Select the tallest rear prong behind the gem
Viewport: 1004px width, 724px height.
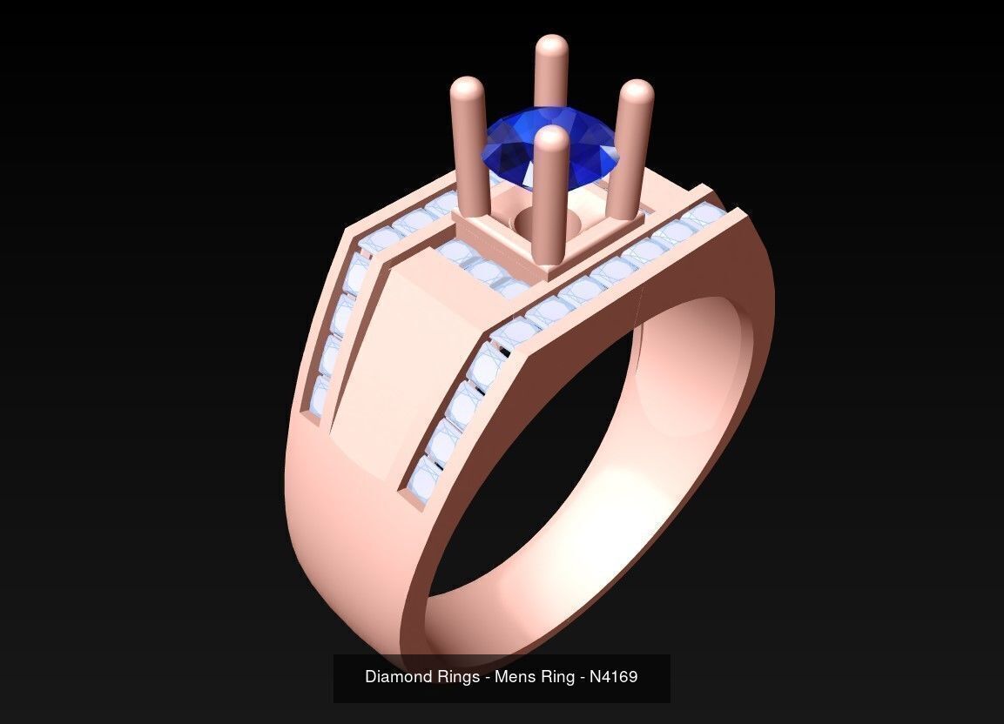click(550, 70)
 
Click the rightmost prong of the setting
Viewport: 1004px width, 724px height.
click(631, 148)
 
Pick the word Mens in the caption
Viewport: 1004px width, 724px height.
click(514, 676)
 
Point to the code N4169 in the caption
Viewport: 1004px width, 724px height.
click(613, 676)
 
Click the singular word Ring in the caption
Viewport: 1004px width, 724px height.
click(555, 676)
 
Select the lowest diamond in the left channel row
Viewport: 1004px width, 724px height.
click(320, 396)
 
